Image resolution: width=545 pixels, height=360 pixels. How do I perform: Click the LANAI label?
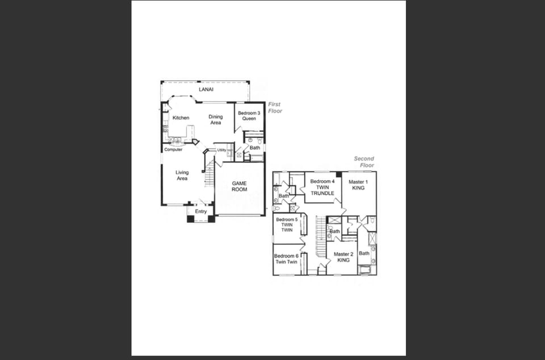(x=206, y=90)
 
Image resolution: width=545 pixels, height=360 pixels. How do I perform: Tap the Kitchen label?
(x=181, y=118)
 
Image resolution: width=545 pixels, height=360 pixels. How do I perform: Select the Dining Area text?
(x=216, y=120)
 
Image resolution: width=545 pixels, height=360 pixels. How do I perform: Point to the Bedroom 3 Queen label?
(x=249, y=116)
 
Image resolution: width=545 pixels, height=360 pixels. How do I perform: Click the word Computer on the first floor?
(x=173, y=149)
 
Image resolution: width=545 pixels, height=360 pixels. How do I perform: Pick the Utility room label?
(x=221, y=150)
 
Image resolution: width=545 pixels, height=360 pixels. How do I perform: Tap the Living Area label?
(x=182, y=175)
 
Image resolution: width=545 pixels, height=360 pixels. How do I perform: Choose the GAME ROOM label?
(x=239, y=187)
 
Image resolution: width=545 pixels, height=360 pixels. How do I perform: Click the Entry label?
(x=201, y=212)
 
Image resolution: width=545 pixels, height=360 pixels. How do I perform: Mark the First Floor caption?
(x=275, y=108)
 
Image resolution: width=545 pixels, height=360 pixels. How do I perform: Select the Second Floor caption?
(x=364, y=162)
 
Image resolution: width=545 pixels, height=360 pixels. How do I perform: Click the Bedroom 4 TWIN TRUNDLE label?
(x=322, y=187)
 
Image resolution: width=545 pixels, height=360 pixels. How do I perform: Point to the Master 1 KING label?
(x=358, y=185)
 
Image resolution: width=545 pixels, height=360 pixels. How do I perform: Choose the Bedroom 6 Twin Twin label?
(x=287, y=259)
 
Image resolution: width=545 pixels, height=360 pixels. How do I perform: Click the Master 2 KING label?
(x=343, y=257)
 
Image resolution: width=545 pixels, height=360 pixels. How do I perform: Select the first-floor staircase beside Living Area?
(x=209, y=173)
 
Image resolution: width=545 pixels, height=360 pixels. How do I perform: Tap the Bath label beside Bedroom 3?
(x=255, y=148)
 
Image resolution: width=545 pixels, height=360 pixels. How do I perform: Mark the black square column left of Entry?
(x=191, y=219)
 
